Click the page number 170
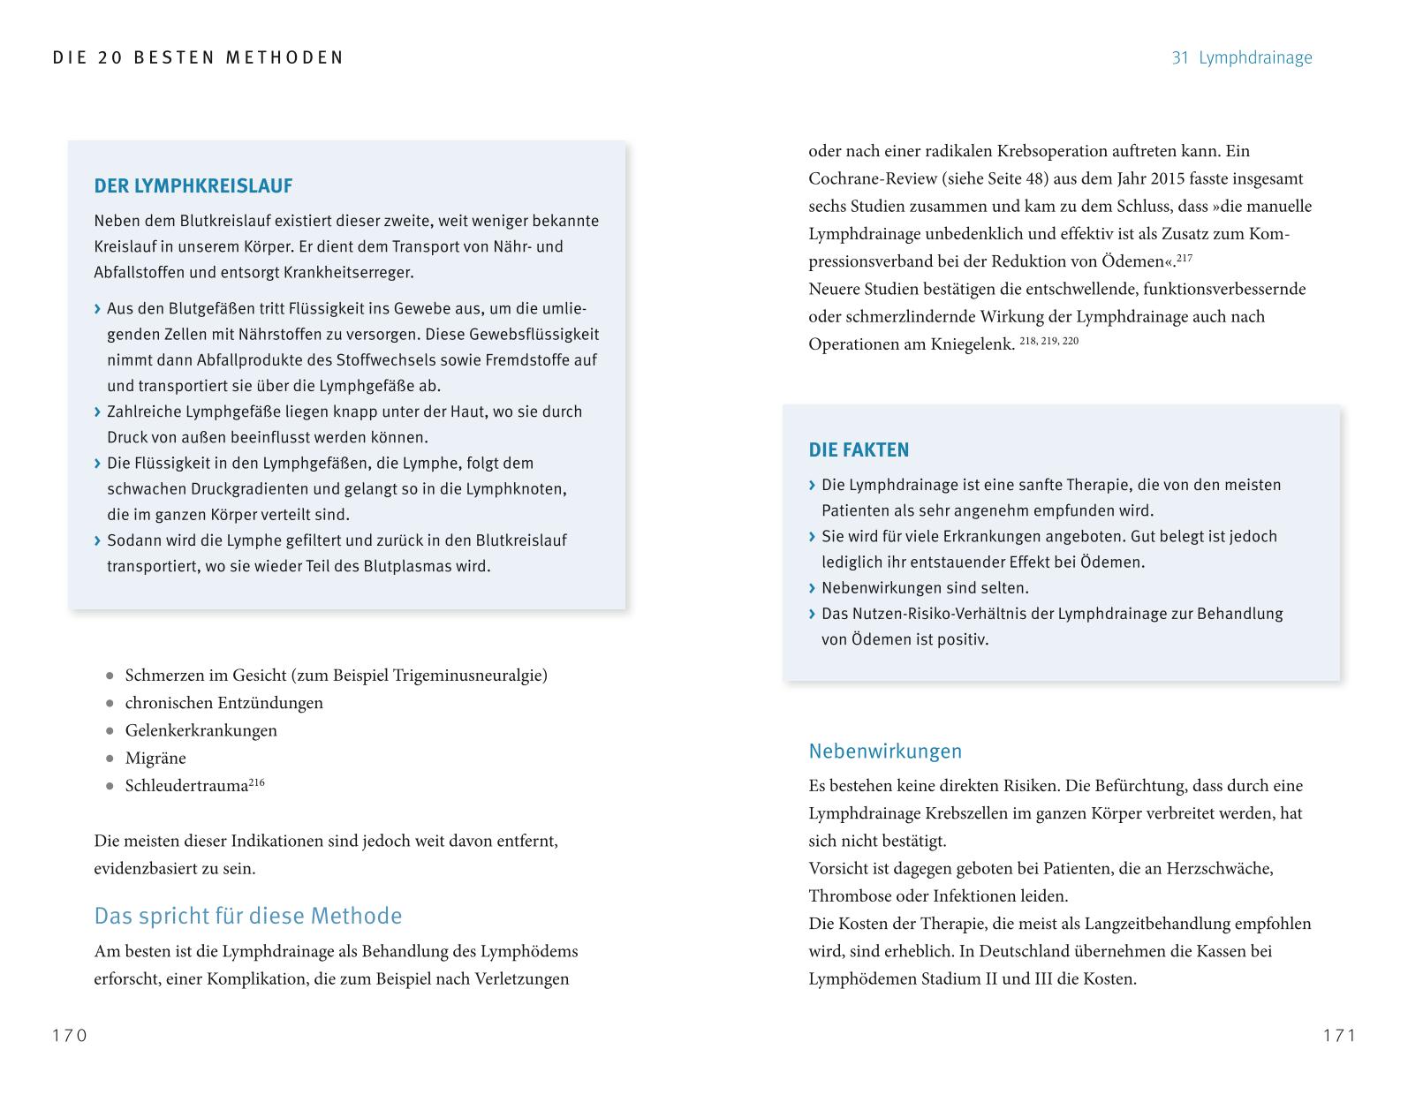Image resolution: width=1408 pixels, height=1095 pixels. [x=70, y=1036]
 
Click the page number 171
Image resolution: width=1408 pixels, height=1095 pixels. [x=1339, y=1036]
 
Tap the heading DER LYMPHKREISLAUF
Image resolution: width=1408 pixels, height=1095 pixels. [x=193, y=186]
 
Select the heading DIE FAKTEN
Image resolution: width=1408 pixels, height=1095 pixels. [x=858, y=450]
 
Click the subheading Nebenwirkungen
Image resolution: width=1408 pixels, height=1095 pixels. [x=885, y=751]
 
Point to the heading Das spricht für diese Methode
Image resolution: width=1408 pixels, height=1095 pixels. [x=247, y=916]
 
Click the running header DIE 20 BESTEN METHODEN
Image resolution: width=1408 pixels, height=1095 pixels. [x=198, y=58]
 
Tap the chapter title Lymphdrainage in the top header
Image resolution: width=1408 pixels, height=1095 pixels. [x=1255, y=58]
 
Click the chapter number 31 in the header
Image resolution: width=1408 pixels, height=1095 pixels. [x=1180, y=58]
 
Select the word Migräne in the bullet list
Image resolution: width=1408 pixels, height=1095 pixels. [x=155, y=758]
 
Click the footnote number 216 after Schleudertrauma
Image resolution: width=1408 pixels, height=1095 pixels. [x=256, y=782]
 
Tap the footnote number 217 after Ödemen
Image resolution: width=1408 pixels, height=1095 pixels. [x=1185, y=258]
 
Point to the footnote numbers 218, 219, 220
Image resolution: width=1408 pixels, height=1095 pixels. [x=1048, y=341]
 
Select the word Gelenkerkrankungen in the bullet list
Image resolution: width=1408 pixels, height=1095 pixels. [x=201, y=730]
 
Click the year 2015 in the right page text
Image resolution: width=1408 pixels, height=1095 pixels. [x=1170, y=178]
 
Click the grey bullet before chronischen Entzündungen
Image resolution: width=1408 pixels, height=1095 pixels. [x=110, y=704]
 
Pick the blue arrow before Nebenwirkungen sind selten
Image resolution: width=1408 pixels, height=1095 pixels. [x=812, y=588]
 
